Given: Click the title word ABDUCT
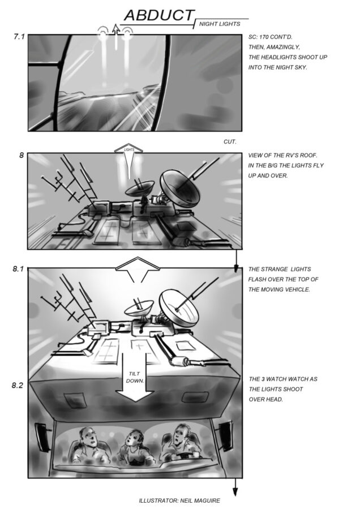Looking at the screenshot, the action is [x=159, y=15].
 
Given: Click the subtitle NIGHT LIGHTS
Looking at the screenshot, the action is [x=220, y=24].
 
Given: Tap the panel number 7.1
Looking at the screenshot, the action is [x=19, y=37].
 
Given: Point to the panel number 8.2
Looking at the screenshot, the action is [x=18, y=385].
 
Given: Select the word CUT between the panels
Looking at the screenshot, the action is [x=230, y=142].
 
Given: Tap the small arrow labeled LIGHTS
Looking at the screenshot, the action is [x=129, y=159].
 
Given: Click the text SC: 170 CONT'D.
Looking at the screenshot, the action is [x=271, y=37].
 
